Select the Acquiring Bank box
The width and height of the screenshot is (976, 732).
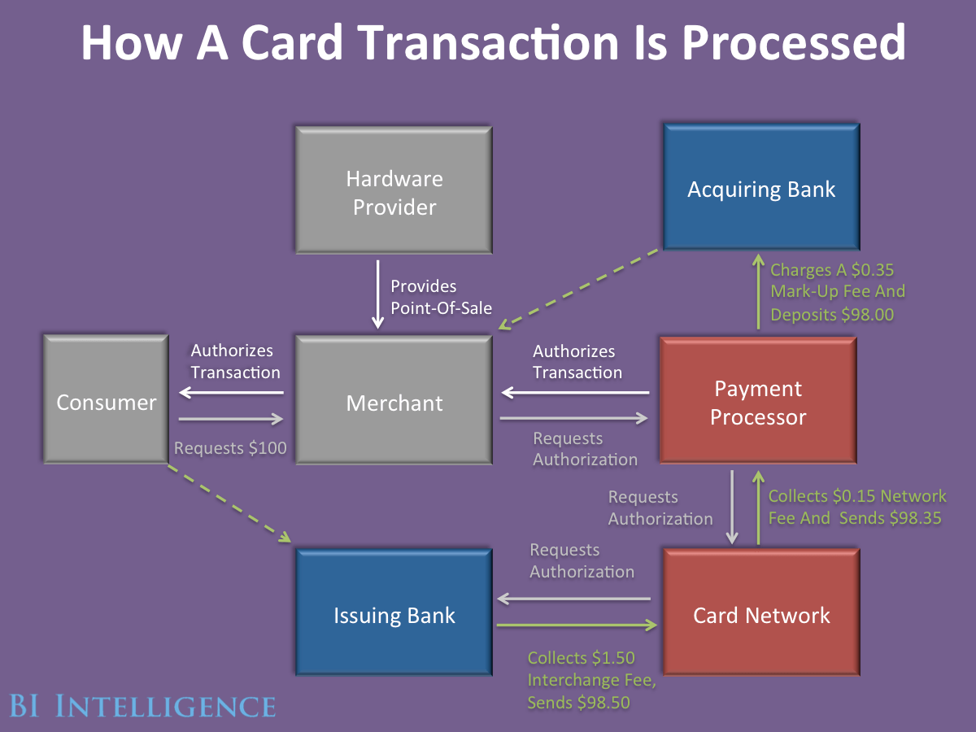pyautogui.click(x=761, y=189)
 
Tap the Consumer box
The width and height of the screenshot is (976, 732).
pyautogui.click(x=106, y=402)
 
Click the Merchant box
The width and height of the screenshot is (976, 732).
pyautogui.click(x=394, y=402)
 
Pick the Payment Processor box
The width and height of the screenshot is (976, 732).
pyautogui.click(x=758, y=402)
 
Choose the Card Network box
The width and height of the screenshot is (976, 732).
pyautogui.click(x=761, y=615)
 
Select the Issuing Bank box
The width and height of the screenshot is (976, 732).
pyautogui.click(x=394, y=615)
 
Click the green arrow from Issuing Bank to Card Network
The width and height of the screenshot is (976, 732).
pyautogui.click(x=576, y=625)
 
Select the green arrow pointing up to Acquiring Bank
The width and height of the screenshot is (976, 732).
pyautogui.click(x=758, y=293)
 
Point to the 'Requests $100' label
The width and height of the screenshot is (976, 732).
pyautogui.click(x=230, y=447)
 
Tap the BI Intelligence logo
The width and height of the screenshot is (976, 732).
pyautogui.click(x=142, y=704)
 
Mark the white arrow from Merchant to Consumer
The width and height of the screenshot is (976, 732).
pyautogui.click(x=231, y=393)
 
